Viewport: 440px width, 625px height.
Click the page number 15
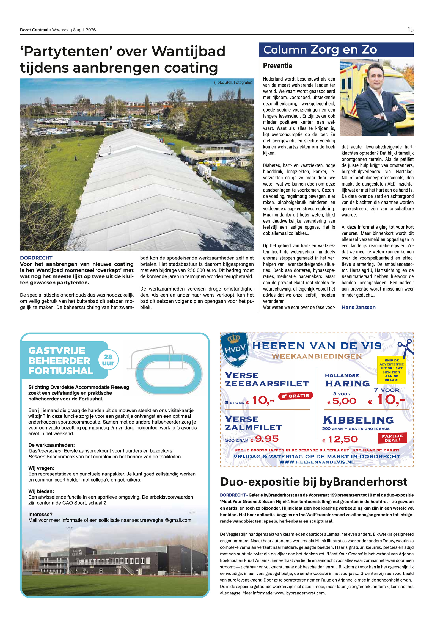(410, 29)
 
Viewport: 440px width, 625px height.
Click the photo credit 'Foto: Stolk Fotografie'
(233, 82)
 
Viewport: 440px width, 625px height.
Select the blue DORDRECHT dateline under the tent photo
(36, 258)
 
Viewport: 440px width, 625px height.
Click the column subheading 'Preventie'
(277, 66)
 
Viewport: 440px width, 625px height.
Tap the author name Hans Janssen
(358, 307)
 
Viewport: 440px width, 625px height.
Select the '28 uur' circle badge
(108, 360)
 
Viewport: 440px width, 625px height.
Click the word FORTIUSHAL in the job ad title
(61, 371)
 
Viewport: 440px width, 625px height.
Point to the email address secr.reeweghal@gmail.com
(161, 520)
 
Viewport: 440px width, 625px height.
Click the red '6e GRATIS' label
(295, 396)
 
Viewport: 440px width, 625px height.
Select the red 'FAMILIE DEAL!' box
(392, 438)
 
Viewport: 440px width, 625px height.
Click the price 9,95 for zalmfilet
(267, 439)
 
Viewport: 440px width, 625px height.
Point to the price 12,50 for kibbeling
(343, 439)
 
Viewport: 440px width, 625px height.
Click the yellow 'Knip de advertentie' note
(391, 370)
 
